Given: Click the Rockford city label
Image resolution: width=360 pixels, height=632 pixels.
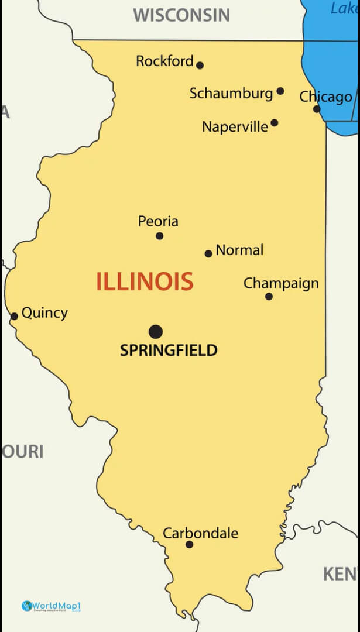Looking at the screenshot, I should point(164,61).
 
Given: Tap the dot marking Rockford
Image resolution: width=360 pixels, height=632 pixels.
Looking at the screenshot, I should point(200,66).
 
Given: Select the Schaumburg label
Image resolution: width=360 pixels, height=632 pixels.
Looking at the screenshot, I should point(231,93).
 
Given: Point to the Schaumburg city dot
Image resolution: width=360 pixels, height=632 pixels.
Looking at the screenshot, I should point(280,91).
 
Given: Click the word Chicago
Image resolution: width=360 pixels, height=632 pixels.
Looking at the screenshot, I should point(326,97).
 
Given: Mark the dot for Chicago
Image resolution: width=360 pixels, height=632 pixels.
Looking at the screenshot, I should point(317,109).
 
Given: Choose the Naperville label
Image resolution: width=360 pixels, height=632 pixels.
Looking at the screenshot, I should point(235,126).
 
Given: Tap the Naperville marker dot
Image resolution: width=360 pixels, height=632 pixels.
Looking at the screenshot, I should point(275,123).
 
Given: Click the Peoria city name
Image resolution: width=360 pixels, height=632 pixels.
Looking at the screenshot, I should point(158,221).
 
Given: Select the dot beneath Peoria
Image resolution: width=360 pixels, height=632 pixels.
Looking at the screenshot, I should point(159,236).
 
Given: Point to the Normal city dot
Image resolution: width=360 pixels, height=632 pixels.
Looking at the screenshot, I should point(208,253).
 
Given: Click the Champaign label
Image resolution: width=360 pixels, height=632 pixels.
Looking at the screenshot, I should point(281,284).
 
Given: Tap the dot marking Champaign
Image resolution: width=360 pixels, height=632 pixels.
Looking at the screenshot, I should point(269,297).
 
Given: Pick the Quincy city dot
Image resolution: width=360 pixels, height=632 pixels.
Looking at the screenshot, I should point(14,317).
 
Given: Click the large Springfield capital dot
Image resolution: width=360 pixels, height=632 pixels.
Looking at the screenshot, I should point(156,332).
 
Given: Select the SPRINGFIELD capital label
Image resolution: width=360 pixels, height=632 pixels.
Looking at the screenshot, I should point(169,351).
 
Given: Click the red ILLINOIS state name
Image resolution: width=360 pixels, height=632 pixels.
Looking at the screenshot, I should point(145,282).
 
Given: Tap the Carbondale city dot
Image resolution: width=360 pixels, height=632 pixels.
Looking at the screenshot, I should point(189,545).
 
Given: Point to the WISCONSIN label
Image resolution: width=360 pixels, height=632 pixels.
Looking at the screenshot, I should point(181,15).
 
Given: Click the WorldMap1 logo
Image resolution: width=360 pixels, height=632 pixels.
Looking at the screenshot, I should point(50,606).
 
